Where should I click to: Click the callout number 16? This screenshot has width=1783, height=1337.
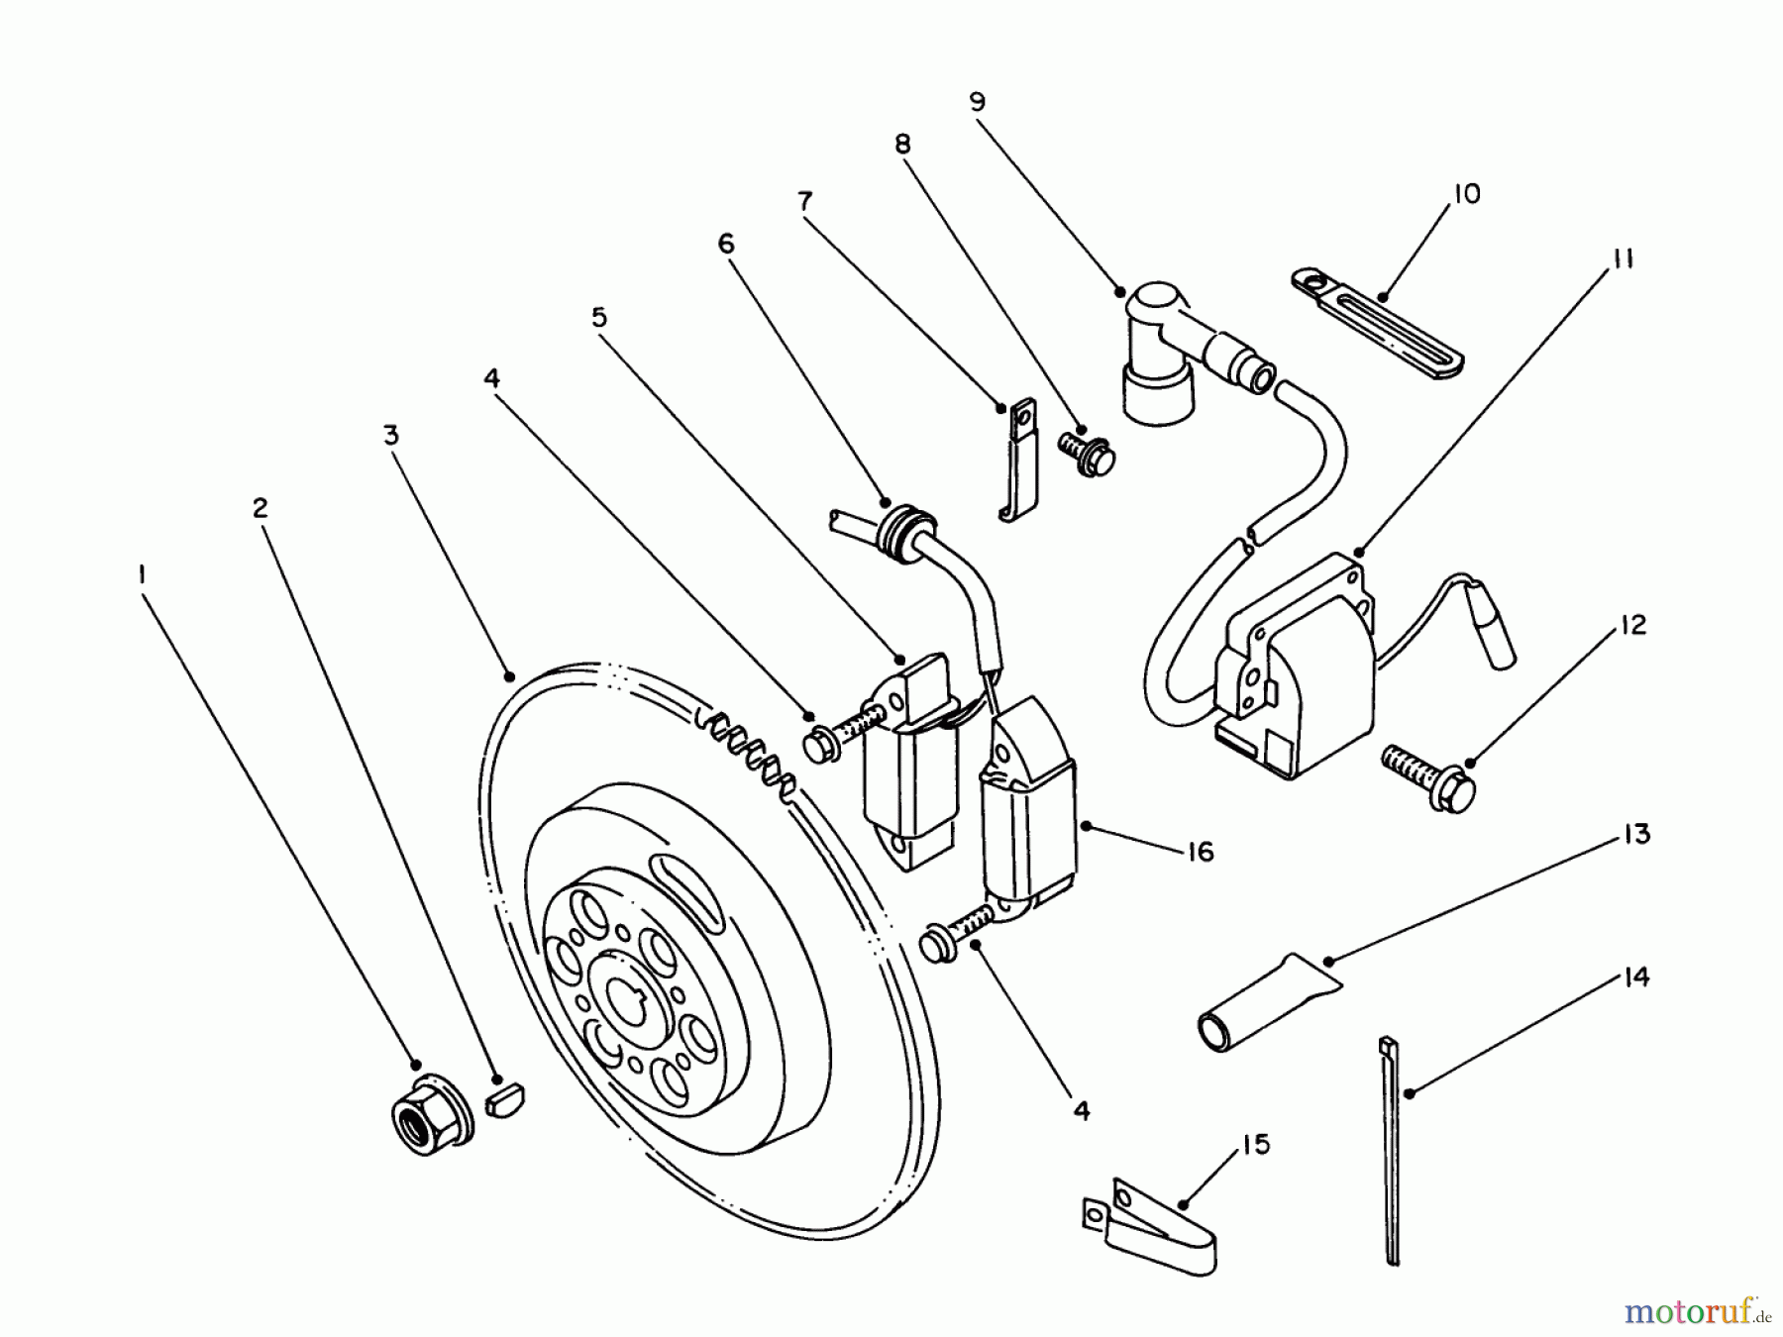click(x=1200, y=851)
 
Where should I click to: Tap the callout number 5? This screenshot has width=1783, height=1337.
click(x=599, y=317)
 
